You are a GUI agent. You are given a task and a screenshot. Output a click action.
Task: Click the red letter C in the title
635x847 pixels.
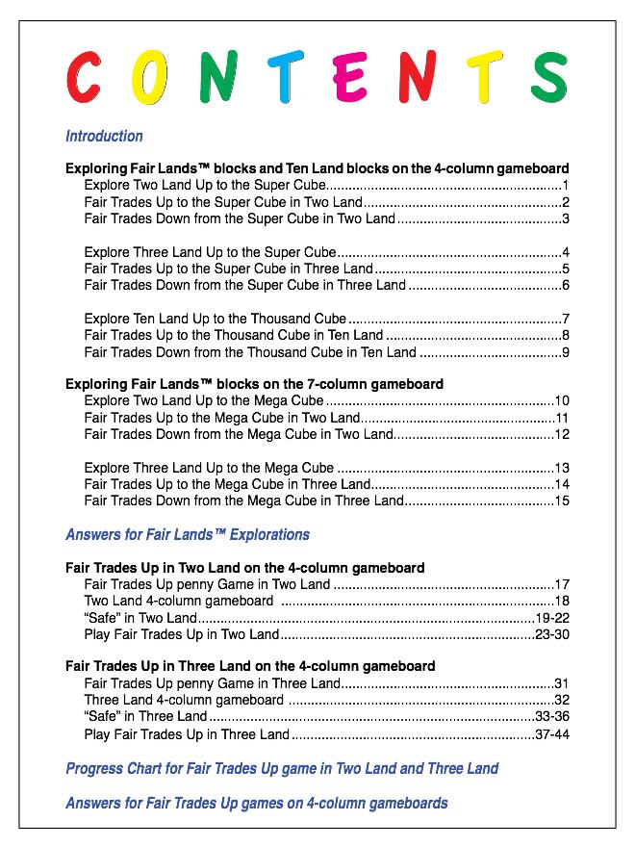84,77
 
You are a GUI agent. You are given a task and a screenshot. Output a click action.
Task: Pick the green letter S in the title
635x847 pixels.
549,77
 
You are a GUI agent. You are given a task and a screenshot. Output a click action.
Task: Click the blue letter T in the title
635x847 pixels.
285,77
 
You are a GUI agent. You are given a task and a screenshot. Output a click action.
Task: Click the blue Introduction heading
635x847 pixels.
104,136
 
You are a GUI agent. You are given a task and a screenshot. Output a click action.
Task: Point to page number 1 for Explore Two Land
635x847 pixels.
567,185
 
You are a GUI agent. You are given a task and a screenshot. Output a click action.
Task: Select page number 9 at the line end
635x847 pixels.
567,352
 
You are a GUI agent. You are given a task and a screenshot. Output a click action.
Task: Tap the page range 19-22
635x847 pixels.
553,618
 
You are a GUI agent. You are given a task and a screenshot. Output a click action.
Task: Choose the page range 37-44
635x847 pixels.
553,734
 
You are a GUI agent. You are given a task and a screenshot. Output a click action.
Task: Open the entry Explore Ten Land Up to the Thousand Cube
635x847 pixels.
215,319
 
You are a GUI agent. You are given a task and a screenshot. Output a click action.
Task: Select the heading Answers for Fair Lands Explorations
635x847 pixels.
188,534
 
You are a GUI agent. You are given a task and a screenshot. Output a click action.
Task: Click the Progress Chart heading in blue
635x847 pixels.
282,768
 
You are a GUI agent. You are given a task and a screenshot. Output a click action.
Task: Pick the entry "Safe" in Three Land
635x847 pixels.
145,717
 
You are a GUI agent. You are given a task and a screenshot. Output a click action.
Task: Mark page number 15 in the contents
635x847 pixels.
563,500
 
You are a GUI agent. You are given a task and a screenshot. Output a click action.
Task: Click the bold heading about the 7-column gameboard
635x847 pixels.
254,383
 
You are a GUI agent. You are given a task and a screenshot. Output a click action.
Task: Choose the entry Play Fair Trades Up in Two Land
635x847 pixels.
181,635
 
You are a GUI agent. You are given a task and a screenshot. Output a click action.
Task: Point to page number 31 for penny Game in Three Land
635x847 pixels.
563,683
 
